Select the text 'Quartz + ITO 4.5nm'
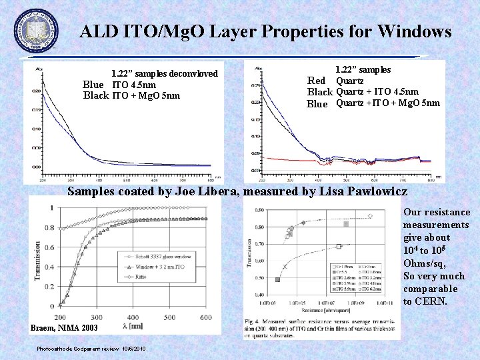tap(377, 92)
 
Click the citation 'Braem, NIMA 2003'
tap(64, 328)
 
